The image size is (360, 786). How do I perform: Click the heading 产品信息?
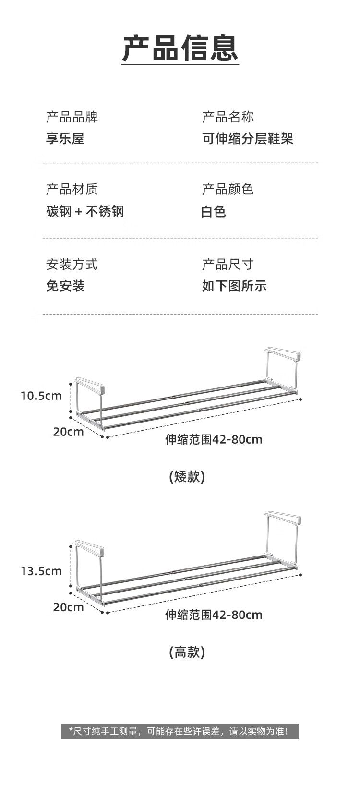coord(180,48)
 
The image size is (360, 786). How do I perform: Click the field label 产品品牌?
coord(72,117)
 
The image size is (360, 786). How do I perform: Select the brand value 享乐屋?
coord(65,139)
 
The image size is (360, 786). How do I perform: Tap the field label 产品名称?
coord(228,117)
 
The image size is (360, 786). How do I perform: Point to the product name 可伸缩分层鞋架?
coord(247,139)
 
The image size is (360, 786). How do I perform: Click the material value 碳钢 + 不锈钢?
coord(85,211)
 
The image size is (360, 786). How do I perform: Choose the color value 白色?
coord(214,211)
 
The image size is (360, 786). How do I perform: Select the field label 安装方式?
coord(72,264)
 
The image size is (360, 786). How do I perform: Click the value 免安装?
coord(65,286)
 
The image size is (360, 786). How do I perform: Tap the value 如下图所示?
coord(234,286)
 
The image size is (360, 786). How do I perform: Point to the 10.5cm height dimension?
coord(41,396)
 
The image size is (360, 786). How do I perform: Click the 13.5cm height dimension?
coord(41,571)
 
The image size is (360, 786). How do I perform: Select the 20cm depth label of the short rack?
coord(68,432)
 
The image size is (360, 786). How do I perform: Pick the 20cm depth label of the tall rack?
coord(68,607)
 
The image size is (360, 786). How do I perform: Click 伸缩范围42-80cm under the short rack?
coord(214,439)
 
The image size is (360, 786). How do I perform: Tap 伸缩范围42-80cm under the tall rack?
coord(214,615)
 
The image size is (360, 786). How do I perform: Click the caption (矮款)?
coord(187,476)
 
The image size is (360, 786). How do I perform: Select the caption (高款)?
coord(187,652)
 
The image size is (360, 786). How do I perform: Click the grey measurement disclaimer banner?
coord(180,731)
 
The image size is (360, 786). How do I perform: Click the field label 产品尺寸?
coord(228,264)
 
